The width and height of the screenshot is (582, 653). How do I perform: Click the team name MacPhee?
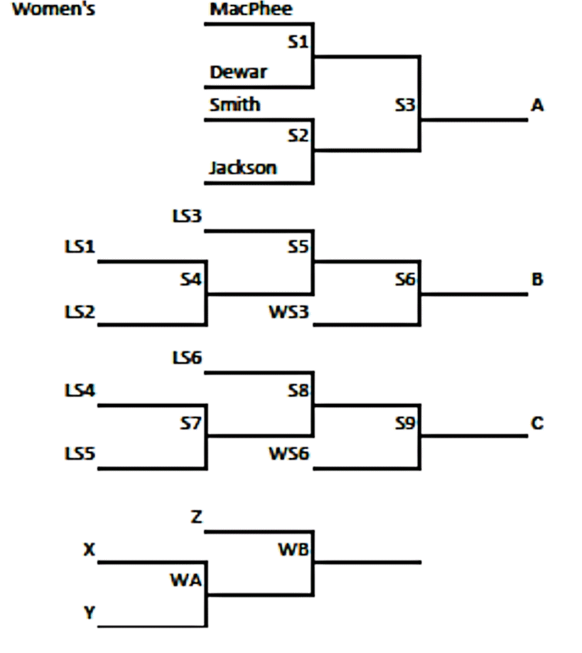(x=251, y=10)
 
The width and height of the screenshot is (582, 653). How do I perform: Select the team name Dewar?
(x=238, y=72)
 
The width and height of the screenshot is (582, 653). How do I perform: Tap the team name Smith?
(x=235, y=105)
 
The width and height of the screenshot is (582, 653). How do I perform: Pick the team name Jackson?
(x=242, y=168)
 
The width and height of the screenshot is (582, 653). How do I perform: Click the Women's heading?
(x=53, y=10)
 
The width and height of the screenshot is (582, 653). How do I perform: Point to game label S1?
(x=298, y=43)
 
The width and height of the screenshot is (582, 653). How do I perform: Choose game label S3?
(x=405, y=105)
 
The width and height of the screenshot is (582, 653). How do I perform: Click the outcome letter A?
(x=537, y=105)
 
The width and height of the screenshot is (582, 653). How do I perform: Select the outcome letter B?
(x=537, y=280)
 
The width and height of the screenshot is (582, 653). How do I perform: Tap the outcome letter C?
(x=537, y=423)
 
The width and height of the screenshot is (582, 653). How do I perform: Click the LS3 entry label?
(x=187, y=216)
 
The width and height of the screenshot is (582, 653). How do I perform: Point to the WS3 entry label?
(x=289, y=312)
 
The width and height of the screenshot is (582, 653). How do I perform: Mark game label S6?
(x=405, y=280)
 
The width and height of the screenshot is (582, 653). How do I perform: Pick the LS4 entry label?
(x=80, y=391)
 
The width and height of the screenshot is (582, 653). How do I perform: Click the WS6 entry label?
(x=289, y=453)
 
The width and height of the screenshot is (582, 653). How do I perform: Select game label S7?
(x=190, y=423)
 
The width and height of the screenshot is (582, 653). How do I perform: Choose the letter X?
(x=90, y=549)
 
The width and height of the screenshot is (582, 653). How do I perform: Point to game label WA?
(x=185, y=580)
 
